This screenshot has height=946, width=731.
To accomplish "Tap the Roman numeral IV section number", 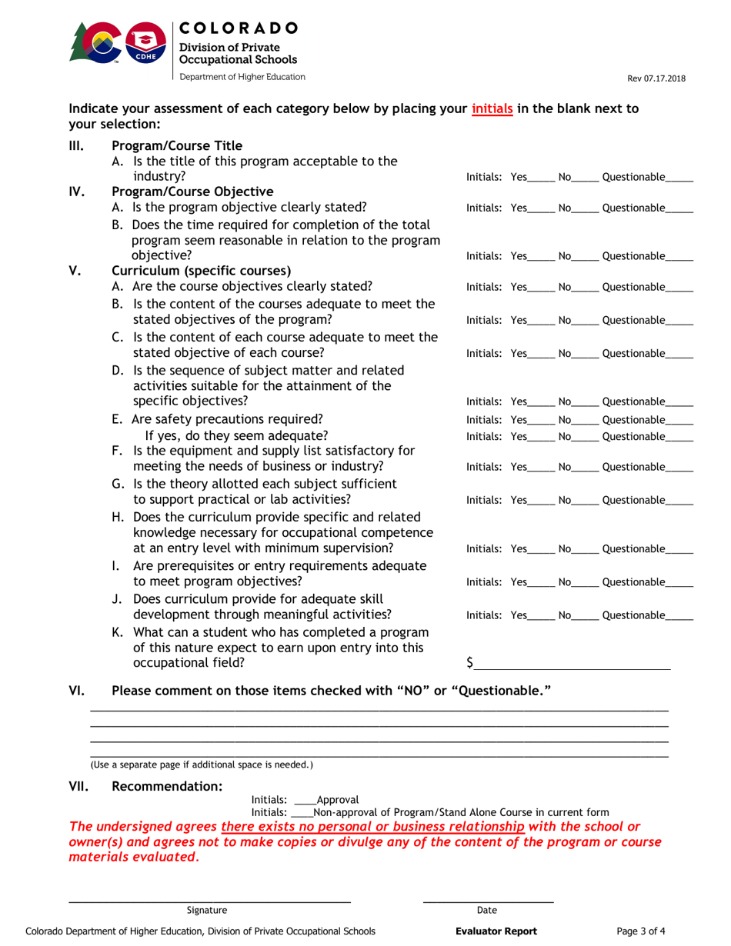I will coord(78,192).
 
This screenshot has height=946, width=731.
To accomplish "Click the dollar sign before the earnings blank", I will coord(470,661).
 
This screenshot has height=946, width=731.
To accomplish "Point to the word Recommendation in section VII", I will coord(167,786).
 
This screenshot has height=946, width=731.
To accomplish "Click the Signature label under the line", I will coord(207,910).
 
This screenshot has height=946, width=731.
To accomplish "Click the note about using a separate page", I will coord(202,764).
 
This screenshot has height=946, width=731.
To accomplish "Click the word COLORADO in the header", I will coord(238,28).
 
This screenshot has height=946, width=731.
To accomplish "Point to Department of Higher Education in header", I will coord(242,77).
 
